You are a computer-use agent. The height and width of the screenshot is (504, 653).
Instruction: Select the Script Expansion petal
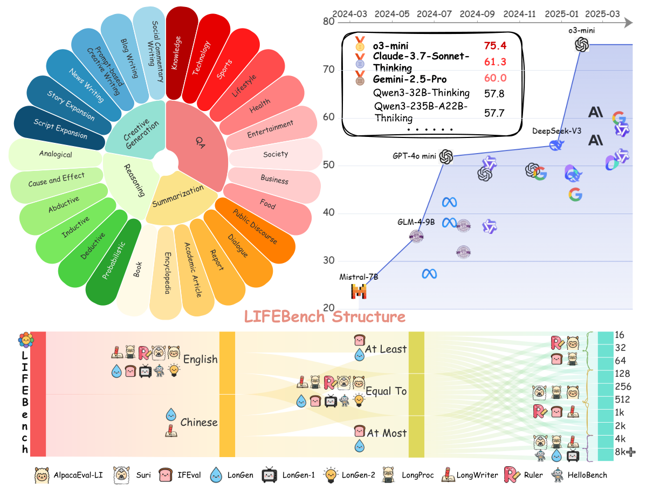click(60, 128)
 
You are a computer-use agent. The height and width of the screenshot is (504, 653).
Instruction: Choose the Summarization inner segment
click(177, 196)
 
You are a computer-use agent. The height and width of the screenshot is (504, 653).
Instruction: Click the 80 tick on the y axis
click(328, 22)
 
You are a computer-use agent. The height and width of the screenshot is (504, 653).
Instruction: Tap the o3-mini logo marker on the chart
click(581, 45)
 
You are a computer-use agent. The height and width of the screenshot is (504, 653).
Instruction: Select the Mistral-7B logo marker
click(359, 292)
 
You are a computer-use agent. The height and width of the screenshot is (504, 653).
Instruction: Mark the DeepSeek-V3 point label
click(556, 131)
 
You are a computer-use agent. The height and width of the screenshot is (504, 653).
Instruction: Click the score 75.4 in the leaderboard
click(494, 44)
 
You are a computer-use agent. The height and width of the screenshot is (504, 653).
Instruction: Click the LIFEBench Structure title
click(325, 316)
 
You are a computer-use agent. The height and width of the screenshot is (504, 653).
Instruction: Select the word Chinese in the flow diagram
click(199, 422)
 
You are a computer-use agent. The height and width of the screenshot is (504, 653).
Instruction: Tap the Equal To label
click(386, 391)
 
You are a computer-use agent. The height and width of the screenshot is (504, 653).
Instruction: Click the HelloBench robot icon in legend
click(557, 475)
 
